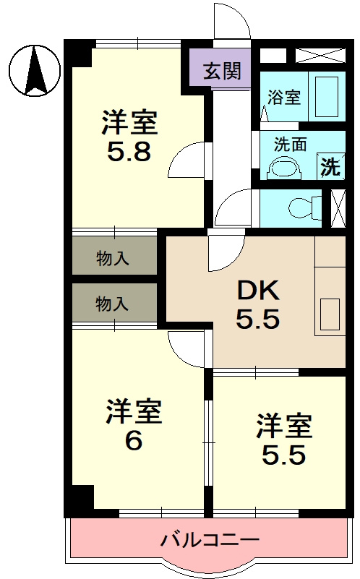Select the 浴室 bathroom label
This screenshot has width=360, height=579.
click(284, 98)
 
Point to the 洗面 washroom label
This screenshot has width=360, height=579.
click(289, 143)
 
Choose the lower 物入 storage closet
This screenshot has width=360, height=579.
click(113, 304)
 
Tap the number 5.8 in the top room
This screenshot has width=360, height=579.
click(129, 153)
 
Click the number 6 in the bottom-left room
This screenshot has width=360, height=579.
click(133, 440)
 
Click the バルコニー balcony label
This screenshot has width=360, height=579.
click(210, 539)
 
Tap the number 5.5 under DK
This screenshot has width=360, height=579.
click(257, 319)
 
